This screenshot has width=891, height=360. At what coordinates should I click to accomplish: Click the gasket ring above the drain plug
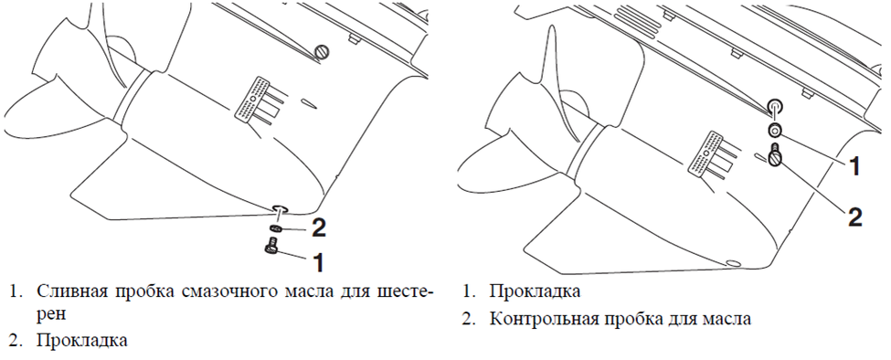point(276,226)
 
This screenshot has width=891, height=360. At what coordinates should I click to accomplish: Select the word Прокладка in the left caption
point(82,342)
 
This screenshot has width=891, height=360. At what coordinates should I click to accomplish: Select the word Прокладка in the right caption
point(536,292)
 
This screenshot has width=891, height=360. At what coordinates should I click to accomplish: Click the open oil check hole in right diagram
point(773,105)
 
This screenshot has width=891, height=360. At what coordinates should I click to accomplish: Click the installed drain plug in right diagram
point(731,263)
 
